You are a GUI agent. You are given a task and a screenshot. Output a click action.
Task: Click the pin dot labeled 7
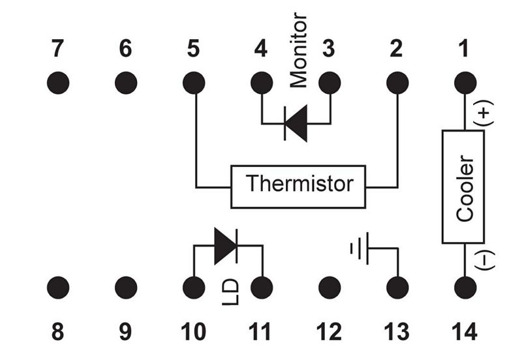point(58,83)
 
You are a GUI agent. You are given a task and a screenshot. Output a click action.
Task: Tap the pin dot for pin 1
point(465,83)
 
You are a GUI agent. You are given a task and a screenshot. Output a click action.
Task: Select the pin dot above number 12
point(330,287)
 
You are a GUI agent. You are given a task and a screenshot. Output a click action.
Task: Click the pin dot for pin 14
point(465,287)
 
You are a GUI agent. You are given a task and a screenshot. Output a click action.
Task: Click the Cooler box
point(465,187)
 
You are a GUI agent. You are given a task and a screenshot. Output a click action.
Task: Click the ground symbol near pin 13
point(360,248)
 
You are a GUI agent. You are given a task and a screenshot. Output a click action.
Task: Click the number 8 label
point(58,332)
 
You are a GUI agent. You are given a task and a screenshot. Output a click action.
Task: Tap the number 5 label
point(193,48)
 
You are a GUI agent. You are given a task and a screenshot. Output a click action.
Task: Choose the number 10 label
point(193,332)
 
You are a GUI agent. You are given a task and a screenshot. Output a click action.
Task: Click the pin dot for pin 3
point(330,83)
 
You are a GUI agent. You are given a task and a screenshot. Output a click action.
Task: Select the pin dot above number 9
point(126,287)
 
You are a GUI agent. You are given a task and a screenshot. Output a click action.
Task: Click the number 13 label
point(397,332)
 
